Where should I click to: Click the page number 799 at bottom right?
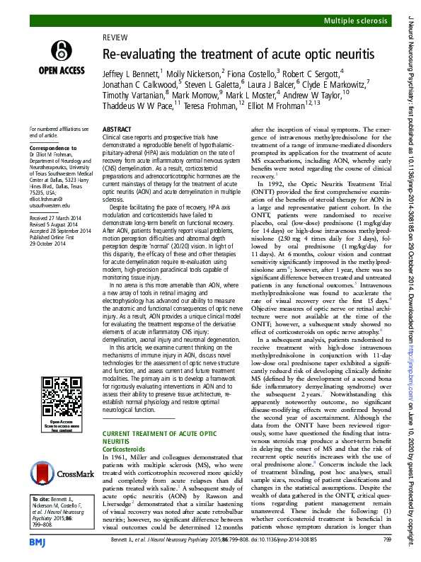386,539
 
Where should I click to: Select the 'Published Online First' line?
55,239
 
